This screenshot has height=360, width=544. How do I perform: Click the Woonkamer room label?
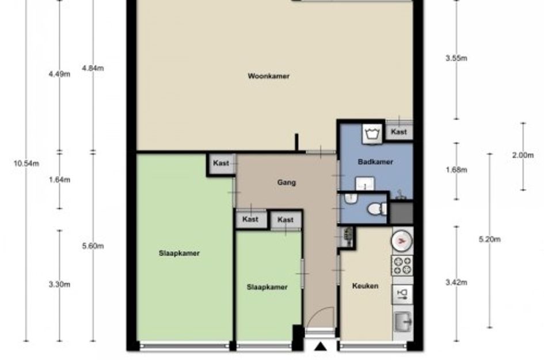click(268, 76)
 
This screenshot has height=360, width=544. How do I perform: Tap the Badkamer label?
click(375, 162)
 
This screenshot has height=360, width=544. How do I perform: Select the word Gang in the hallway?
click(287, 182)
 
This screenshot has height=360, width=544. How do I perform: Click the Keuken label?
click(365, 286)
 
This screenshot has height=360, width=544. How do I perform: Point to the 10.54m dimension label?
click(26, 163)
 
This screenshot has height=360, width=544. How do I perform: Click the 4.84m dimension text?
click(93, 68)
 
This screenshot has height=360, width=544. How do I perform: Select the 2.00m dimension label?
click(523, 155)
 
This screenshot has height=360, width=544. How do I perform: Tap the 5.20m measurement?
click(489, 239)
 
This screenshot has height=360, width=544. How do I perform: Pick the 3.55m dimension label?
click(456, 58)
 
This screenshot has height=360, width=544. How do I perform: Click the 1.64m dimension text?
click(59, 180)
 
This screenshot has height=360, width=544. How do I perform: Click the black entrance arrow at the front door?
click(321, 346)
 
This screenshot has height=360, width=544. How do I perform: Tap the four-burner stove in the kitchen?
click(402, 266)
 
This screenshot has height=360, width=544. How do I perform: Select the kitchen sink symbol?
click(403, 321)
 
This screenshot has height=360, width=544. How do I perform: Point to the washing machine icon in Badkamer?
click(372, 133)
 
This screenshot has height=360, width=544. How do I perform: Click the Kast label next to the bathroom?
click(399, 132)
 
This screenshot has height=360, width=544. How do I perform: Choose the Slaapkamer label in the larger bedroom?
click(180, 253)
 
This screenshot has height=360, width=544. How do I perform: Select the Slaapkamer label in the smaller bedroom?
click(267, 287)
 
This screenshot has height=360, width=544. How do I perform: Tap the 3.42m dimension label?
click(456, 283)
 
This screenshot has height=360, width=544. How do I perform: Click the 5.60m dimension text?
click(93, 246)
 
